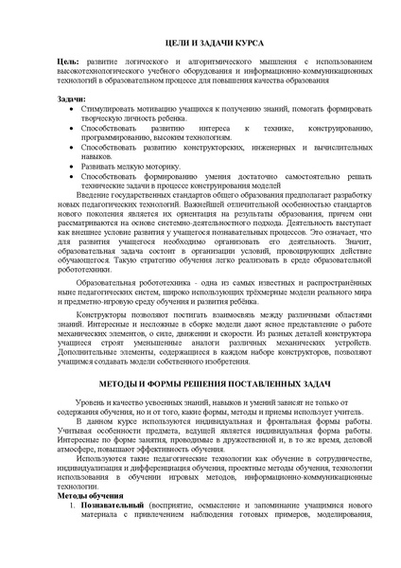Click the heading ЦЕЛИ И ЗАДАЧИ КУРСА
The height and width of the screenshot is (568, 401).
click(x=200, y=44)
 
